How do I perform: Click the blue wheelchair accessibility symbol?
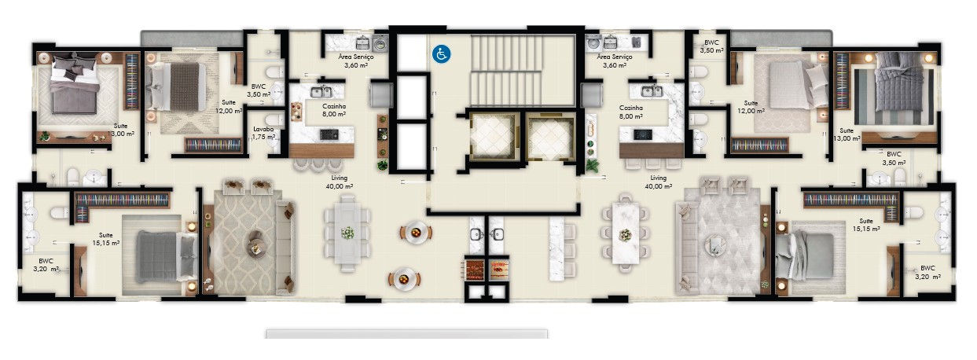pos(441,53)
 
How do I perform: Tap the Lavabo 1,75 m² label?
pos(263,132)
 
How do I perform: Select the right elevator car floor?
pos(549,138)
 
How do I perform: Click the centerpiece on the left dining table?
pos(347,233)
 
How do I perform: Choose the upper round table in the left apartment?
pos(414,231)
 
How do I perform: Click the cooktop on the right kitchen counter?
pos(642,134)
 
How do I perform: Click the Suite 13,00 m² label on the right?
pos(847,134)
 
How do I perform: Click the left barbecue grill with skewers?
pos(474,269)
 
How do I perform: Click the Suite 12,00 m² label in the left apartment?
pos(230,108)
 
